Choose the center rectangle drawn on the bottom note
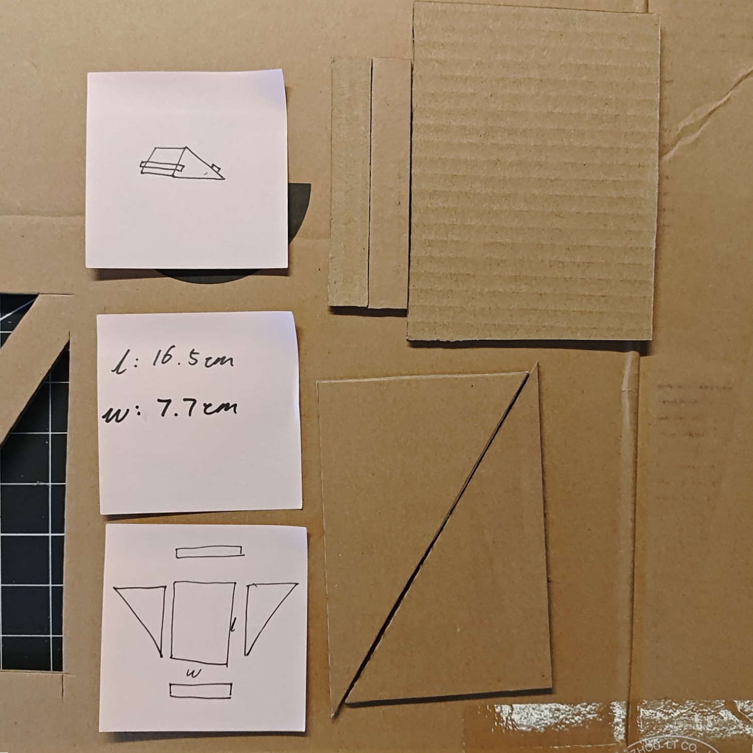(202, 622)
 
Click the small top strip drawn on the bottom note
(209, 552)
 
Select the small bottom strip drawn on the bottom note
(200, 690)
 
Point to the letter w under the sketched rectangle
(193, 673)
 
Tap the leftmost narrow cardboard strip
(349, 183)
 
